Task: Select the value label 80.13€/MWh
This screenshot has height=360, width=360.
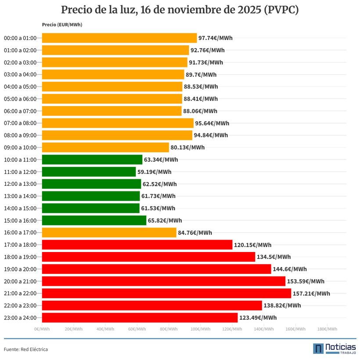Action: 187,148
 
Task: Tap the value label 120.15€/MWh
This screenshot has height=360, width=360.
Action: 252,245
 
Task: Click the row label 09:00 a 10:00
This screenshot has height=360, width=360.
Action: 20,148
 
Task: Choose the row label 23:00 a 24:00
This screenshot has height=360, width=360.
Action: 20,317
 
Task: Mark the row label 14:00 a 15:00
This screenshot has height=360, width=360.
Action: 20,208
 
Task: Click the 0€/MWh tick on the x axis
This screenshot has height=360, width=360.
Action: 42,329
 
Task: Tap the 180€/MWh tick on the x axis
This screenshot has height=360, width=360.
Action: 327,329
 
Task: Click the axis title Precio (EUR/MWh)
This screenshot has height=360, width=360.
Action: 62,25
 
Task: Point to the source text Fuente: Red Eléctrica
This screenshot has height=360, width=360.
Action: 26,349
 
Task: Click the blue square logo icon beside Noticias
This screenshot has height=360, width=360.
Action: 318,349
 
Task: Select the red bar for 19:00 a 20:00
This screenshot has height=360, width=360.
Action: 156,269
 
